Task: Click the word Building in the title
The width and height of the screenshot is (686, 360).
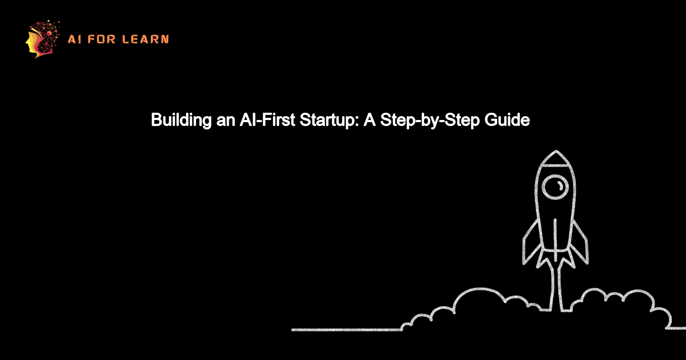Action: point(181,120)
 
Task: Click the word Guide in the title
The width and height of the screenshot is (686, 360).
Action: point(507,120)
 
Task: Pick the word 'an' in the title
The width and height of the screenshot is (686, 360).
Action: point(226,120)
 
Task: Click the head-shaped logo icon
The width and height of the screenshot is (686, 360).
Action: point(42,39)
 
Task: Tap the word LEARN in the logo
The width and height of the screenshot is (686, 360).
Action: point(145,39)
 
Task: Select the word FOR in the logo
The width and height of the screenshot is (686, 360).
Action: point(102,39)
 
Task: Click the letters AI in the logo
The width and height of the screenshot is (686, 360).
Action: point(74,39)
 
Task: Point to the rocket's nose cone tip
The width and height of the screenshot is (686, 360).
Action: point(556,153)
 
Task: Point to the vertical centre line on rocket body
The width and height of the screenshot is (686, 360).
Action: point(555,234)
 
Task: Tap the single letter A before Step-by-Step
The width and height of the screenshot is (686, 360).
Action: point(370,120)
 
